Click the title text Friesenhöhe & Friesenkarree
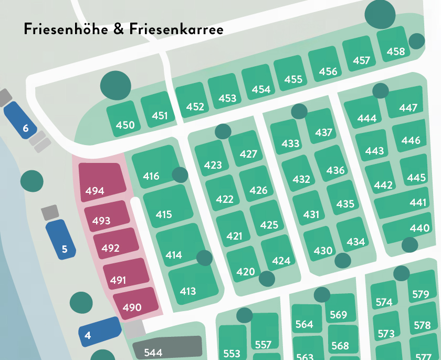tap(123, 29)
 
